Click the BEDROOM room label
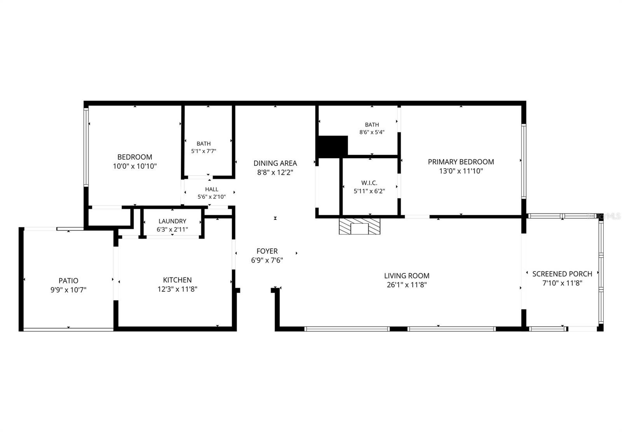pos(135,157)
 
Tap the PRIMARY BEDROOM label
pos(461,162)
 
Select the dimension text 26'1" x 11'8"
pos(407,285)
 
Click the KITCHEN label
pos(177,280)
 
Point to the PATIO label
pos(68,281)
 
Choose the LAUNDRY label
pos(172,221)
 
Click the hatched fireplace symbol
pos(360,226)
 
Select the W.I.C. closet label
pos(369,183)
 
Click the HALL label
pos(211,189)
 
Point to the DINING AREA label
pos(275,163)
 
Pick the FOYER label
pos(267,251)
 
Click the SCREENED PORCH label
pos(562,274)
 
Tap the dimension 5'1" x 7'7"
pos(204,151)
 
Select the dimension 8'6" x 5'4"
pos(372,132)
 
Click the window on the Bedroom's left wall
pos(86,147)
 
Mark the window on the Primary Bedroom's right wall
pos(524,161)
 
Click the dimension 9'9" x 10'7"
pos(68,290)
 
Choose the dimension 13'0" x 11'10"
pos(461,171)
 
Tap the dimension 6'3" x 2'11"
pos(172,230)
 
